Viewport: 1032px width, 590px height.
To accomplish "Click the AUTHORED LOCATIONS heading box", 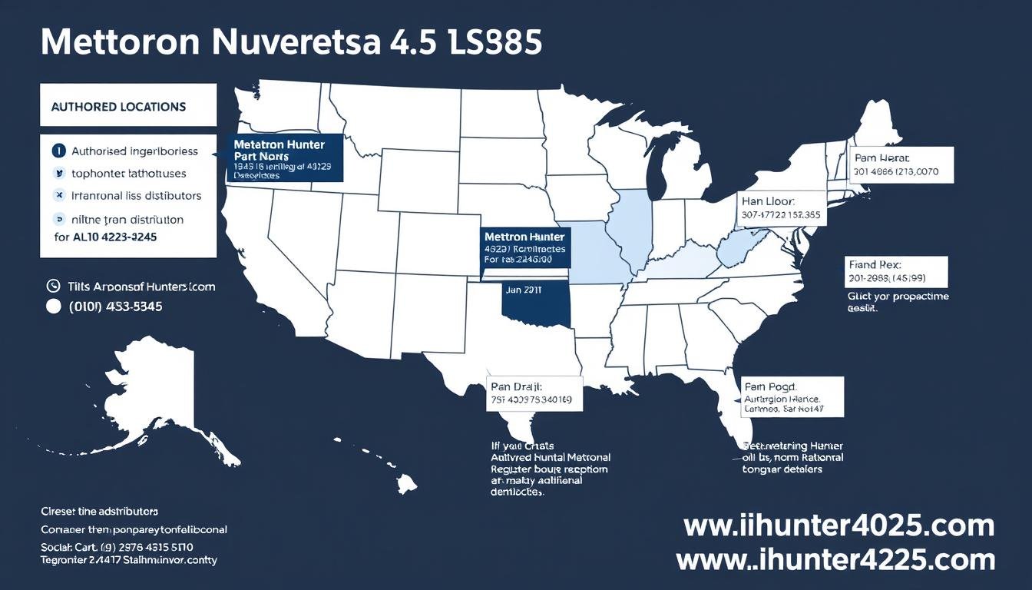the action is click(127, 106).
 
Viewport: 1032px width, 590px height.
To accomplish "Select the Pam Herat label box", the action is click(901, 164).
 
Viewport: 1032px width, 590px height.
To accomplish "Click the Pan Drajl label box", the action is click(536, 393).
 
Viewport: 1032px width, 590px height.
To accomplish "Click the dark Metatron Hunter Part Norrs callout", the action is click(285, 159).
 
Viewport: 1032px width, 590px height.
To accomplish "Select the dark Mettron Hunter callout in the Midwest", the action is click(525, 247).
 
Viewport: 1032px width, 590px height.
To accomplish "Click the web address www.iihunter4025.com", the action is click(838, 525).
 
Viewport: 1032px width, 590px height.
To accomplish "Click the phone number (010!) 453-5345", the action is click(114, 306).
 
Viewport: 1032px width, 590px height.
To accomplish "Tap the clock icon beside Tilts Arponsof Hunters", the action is click(53, 286).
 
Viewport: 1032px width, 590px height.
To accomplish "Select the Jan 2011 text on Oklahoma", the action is click(524, 290).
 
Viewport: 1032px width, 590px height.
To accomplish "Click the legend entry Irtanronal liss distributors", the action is click(136, 196).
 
